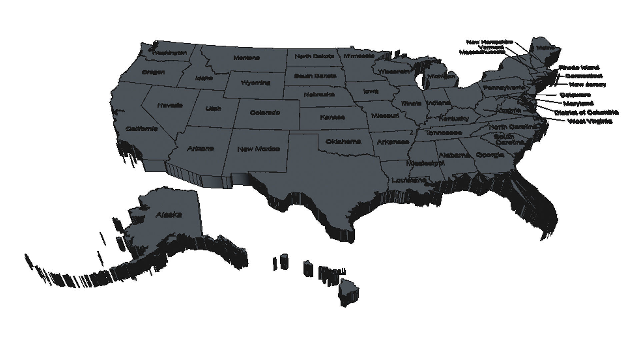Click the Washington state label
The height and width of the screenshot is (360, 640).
[x=169, y=53]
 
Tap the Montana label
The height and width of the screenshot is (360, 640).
[x=246, y=58]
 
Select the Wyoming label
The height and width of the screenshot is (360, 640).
[x=255, y=83]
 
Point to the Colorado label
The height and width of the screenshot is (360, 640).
[x=265, y=113]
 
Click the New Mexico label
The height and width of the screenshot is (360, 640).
[x=258, y=149]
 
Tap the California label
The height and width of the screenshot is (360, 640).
[x=142, y=129]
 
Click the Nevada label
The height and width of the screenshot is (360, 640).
[x=170, y=105]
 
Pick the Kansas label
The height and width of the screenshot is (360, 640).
[x=332, y=117]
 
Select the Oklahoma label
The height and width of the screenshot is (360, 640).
[x=343, y=142]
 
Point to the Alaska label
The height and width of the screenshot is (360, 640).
[x=169, y=215]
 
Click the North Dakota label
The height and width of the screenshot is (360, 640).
[x=314, y=57]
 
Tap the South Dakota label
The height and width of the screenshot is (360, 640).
[x=315, y=76]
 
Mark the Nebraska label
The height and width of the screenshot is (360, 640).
[x=319, y=95]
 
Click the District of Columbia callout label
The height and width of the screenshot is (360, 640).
[x=586, y=112]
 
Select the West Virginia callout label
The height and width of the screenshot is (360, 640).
[x=590, y=121]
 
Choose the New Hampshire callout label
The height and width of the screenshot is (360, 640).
[x=489, y=42]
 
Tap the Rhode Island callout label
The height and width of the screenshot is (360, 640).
[x=579, y=68]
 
